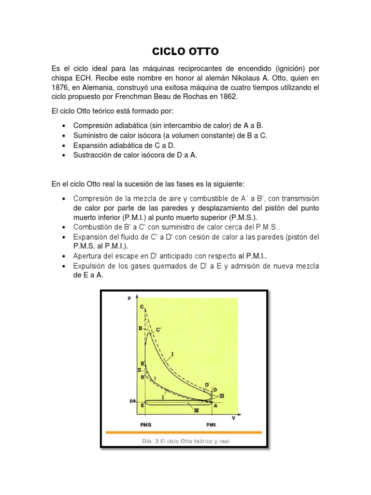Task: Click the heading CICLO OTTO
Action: pos(185,51)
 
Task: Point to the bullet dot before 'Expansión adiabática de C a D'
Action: pos(64,145)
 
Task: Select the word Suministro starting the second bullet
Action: pos(91,135)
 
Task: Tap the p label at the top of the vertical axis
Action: pos(129,298)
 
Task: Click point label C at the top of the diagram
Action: pos(142,306)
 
